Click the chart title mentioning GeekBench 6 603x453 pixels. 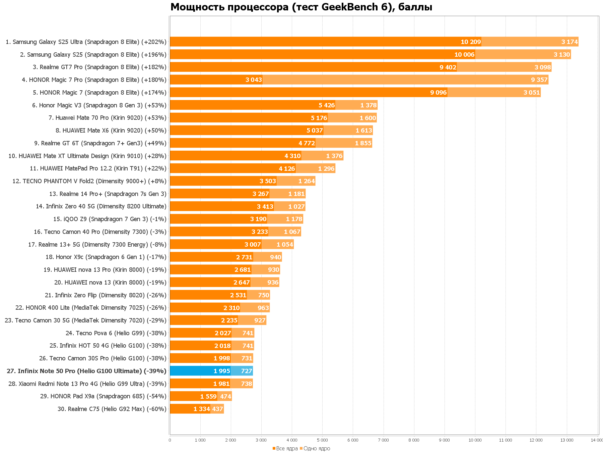click(x=301, y=7)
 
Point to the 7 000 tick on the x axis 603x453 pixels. click(x=383, y=440)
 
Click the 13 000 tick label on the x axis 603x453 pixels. click(x=566, y=440)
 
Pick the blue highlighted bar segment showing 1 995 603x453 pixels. click(x=200, y=371)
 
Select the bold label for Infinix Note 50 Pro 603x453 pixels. click(x=86, y=371)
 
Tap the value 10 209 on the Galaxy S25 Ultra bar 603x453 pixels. click(x=471, y=42)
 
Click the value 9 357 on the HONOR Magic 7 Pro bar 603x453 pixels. click(x=539, y=80)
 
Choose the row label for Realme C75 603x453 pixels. click(x=112, y=409)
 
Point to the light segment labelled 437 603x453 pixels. click(x=217, y=409)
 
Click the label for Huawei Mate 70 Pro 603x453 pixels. click(x=108, y=118)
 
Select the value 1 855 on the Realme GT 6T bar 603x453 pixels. click(x=363, y=143)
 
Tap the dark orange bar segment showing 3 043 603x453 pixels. click(x=216, y=80)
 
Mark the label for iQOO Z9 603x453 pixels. click(x=110, y=219)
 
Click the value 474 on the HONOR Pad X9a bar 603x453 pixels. click(x=225, y=397)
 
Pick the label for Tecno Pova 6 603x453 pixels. click(x=116, y=333)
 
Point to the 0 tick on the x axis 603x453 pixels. click(x=170, y=440)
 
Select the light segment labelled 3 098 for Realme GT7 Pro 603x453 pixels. click(x=504, y=67)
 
